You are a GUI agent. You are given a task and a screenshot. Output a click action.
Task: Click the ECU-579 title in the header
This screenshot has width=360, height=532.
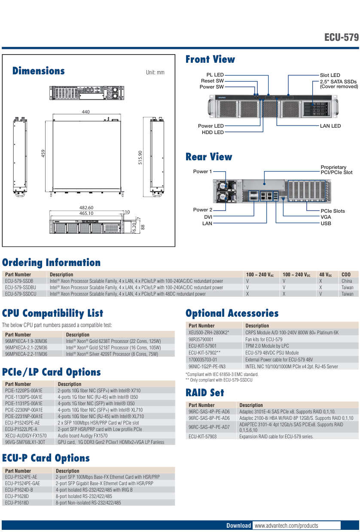342,37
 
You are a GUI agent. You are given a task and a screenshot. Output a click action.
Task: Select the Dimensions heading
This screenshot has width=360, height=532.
39,71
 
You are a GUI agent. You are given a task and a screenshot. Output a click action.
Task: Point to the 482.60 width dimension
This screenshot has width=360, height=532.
86,208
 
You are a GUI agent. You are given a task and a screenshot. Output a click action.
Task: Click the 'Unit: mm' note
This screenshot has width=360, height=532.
155,73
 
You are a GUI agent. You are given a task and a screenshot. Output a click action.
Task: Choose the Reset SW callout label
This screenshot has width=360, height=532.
212,81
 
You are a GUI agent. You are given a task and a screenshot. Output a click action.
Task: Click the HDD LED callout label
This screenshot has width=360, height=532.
213,132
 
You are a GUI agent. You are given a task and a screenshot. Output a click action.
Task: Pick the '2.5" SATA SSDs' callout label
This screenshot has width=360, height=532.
338,81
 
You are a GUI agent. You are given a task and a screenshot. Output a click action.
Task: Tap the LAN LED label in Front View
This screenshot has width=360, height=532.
330,126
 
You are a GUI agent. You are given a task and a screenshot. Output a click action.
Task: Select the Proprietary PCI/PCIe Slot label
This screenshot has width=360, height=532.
336,170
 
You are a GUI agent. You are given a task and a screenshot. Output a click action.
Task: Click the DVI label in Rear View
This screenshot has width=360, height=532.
208,217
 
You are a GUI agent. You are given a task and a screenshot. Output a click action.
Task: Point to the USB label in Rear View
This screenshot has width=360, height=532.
326,223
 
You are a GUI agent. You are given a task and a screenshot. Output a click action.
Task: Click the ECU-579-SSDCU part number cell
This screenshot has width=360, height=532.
21,294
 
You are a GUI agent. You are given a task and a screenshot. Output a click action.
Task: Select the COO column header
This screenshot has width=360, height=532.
346,275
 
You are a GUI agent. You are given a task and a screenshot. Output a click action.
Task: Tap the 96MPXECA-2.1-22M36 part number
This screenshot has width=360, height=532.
26,348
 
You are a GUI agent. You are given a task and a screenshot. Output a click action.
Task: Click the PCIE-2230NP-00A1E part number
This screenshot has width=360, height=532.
24,410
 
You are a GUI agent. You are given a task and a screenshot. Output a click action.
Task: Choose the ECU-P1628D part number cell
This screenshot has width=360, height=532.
17,496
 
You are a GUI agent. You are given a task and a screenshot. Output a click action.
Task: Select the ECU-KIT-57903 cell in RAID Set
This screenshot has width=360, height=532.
202,436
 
